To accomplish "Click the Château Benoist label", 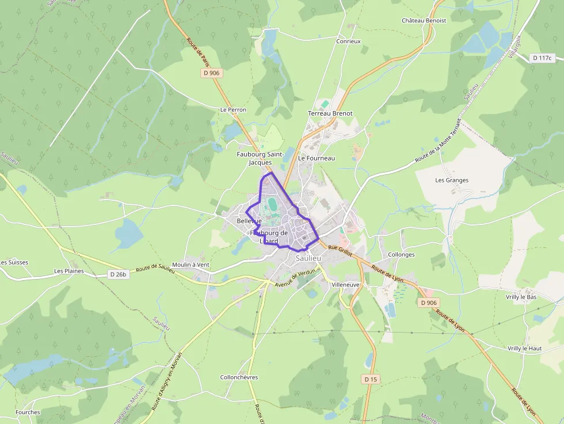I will click(x=424, y=21).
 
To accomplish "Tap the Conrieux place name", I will click(x=348, y=41).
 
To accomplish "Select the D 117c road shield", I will click(x=542, y=58).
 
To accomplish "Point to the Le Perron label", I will click(x=233, y=109).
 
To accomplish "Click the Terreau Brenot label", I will click(x=330, y=113).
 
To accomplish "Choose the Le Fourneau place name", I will click(x=317, y=158).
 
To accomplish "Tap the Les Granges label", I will click(x=452, y=180).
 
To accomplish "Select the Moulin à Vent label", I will click(x=190, y=264).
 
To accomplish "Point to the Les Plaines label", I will click(x=69, y=270).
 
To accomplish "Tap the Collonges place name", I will click(x=401, y=254).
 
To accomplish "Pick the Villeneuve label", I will click(x=345, y=285).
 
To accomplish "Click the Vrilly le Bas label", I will click(x=521, y=297).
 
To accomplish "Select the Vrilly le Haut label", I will click(x=525, y=349).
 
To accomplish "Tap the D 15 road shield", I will click(x=371, y=379).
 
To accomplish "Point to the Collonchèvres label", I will click(x=239, y=377).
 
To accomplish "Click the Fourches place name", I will click(x=28, y=412).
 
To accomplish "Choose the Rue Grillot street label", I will click(x=340, y=248).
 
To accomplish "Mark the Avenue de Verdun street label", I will click(x=296, y=278).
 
